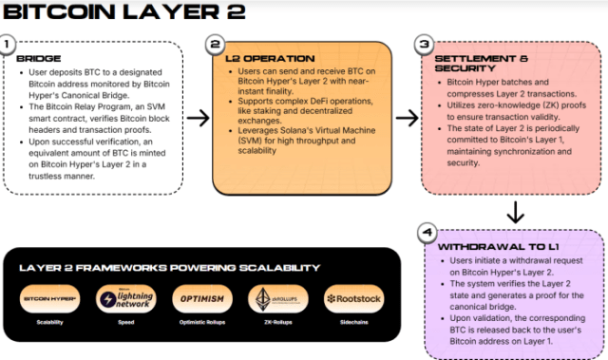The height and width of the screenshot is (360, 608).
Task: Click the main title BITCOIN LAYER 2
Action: (124, 12)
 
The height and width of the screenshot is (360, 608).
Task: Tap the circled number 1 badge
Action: (9, 44)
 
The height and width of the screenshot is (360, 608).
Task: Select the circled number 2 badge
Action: (216, 44)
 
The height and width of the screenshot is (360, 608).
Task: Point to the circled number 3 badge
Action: (424, 44)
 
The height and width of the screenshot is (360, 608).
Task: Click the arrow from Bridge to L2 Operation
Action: (199, 118)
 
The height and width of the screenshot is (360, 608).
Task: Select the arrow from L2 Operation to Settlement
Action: (407, 118)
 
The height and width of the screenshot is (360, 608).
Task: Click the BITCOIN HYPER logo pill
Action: (52, 299)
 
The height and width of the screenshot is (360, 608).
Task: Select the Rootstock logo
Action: (354, 299)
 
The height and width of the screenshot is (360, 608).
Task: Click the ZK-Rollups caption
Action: (276, 323)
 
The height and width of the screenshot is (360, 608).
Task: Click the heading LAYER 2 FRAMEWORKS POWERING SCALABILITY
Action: (169, 268)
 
